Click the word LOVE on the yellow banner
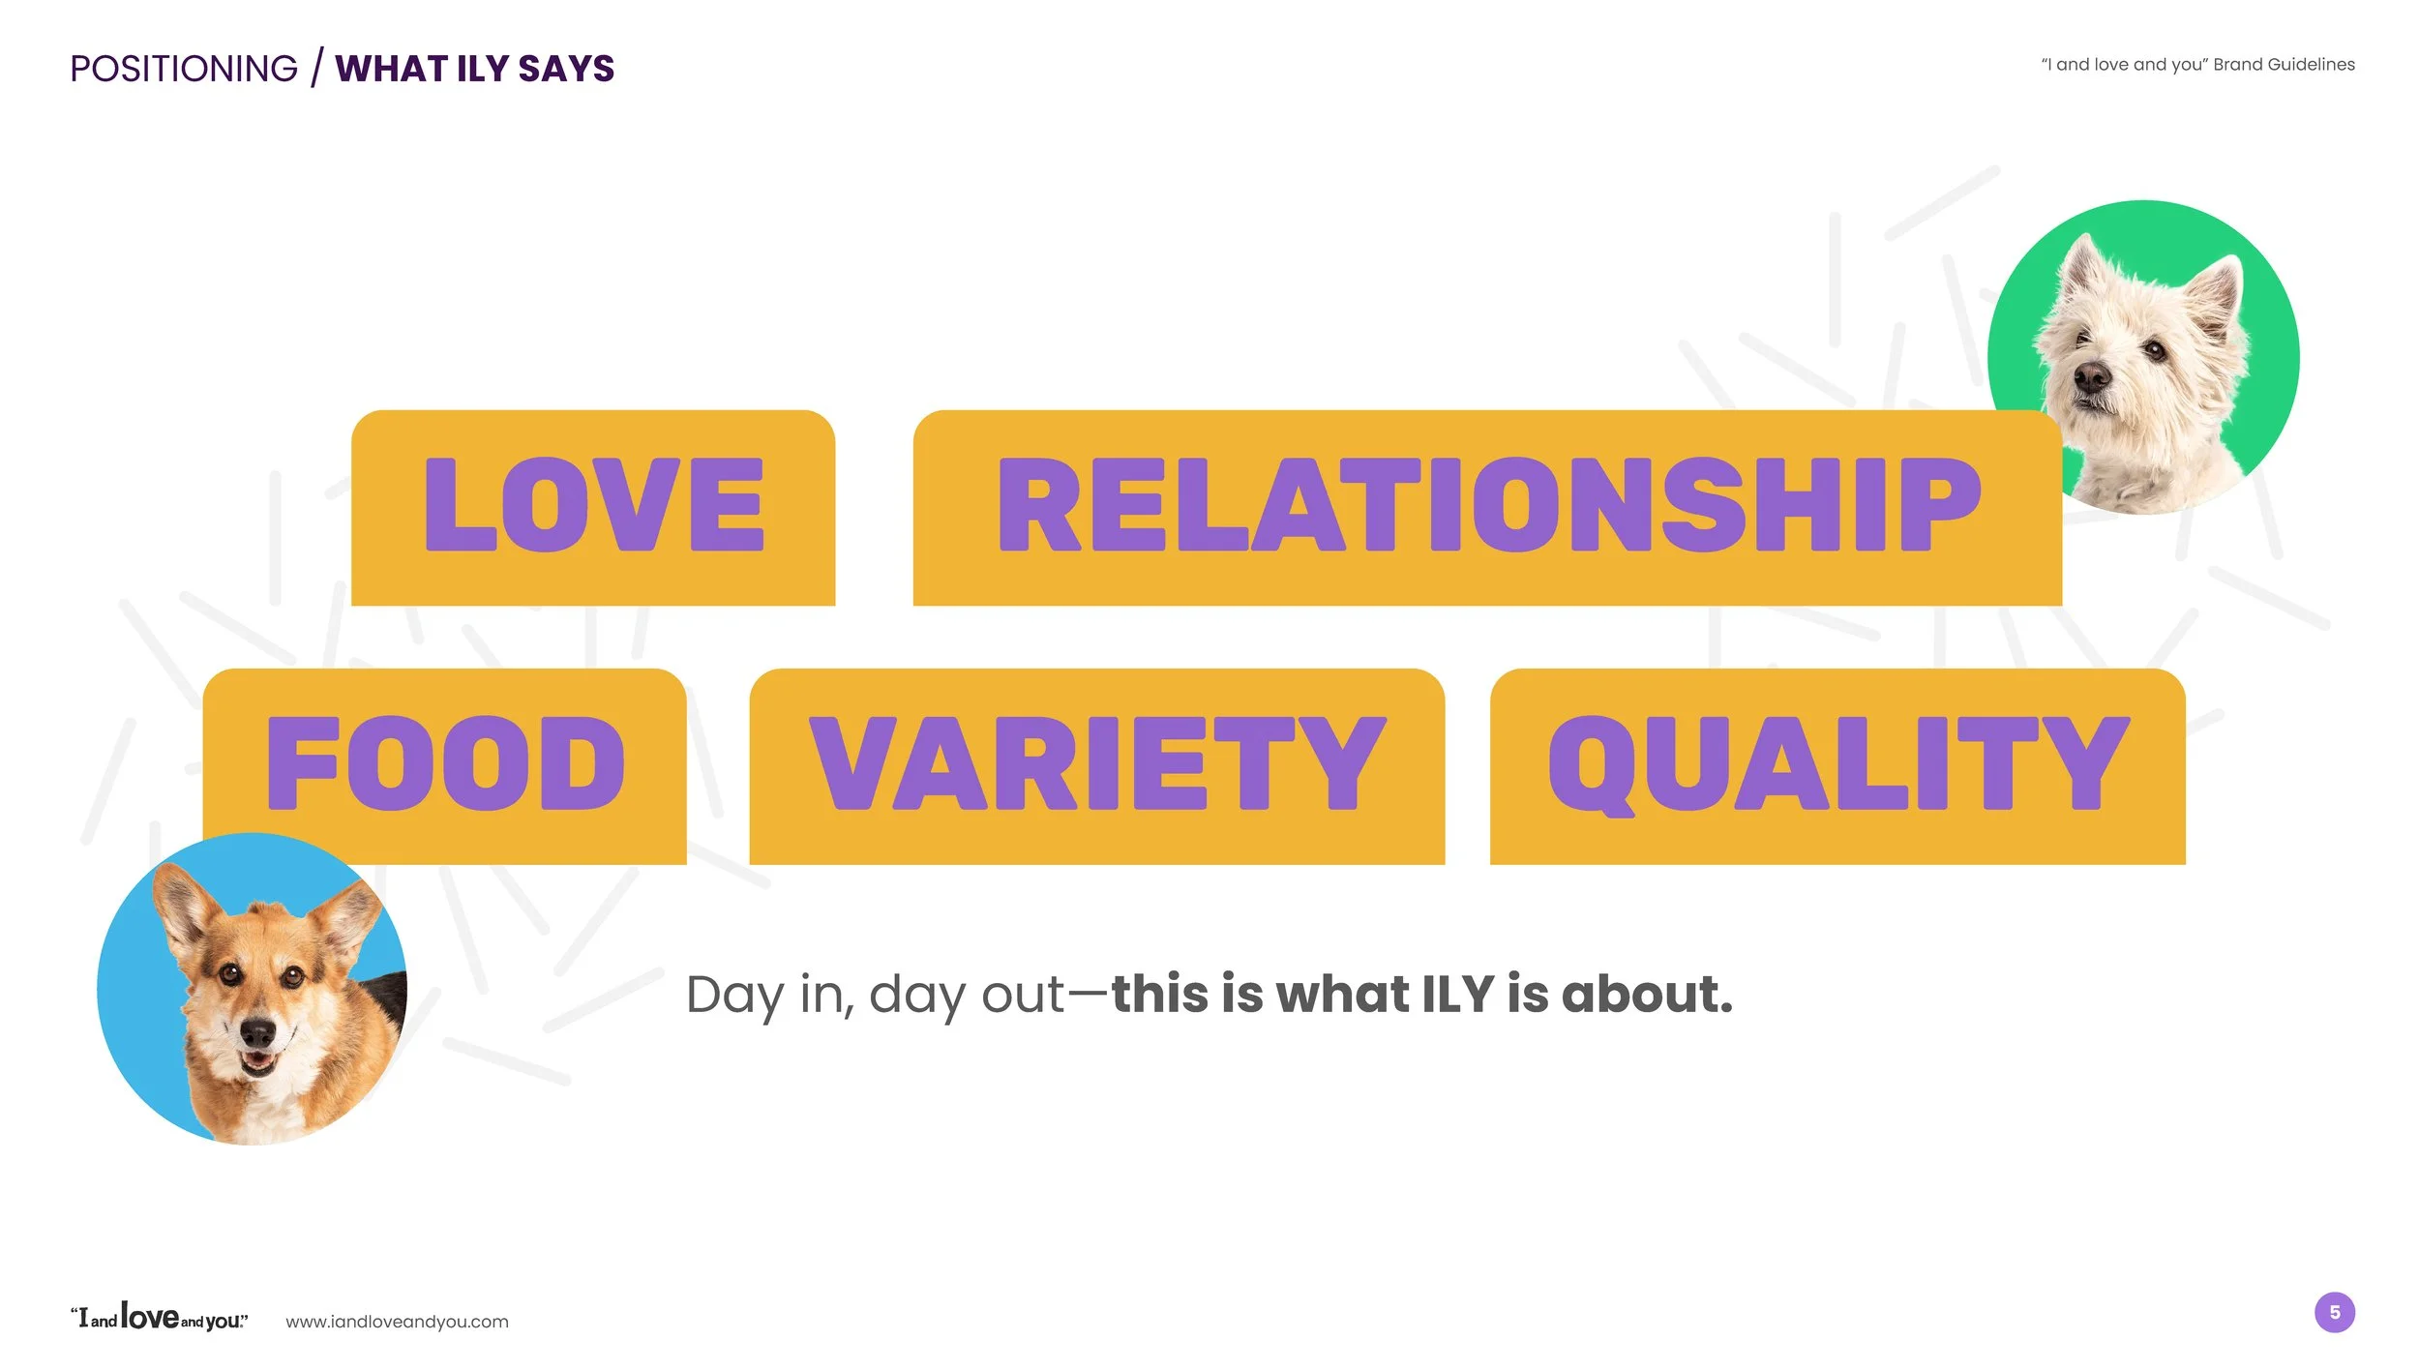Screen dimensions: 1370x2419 tap(594, 505)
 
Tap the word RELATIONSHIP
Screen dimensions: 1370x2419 tap(1489, 505)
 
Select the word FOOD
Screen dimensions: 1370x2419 tap(446, 763)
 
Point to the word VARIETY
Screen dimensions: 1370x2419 tap(1098, 763)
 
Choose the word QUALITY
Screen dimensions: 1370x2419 tap(1838, 763)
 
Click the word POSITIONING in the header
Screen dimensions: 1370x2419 tap(184, 69)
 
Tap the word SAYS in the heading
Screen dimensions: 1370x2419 tap(566, 69)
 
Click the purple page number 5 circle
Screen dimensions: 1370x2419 tap(2335, 1313)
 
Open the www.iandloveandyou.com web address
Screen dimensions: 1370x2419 tap(397, 1322)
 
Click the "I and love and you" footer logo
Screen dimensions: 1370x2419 tap(160, 1318)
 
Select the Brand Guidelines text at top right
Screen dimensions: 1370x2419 tap(2284, 65)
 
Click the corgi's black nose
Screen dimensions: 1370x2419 tap(257, 1032)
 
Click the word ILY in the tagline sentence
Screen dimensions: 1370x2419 tap(1457, 995)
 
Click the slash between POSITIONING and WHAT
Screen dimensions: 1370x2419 tap(316, 68)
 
